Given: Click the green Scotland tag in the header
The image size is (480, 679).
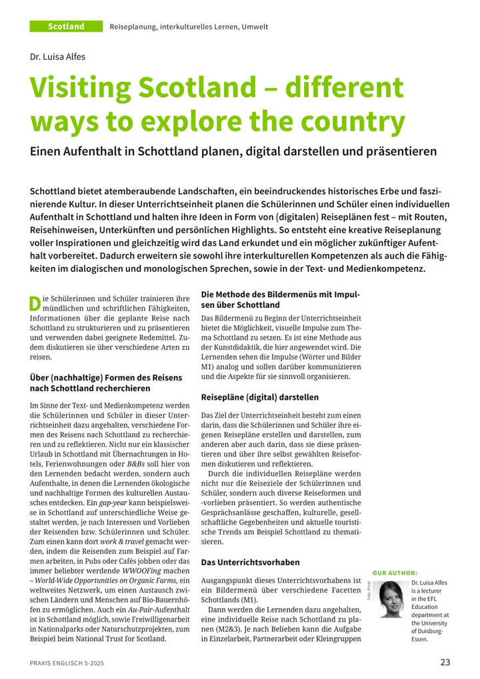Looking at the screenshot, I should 66,27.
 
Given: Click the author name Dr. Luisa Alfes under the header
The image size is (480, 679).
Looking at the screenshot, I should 57,57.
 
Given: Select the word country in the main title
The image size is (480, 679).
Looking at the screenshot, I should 353,122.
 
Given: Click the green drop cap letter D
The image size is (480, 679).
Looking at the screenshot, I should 35,303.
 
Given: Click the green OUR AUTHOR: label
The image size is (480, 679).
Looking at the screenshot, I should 395,573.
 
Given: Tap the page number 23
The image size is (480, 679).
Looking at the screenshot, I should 445,662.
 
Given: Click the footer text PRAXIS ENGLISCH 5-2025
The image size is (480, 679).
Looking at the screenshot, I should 66,663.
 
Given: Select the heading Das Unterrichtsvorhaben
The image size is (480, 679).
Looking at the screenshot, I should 250,562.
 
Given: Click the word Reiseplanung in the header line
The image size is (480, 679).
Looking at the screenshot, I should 133,27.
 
